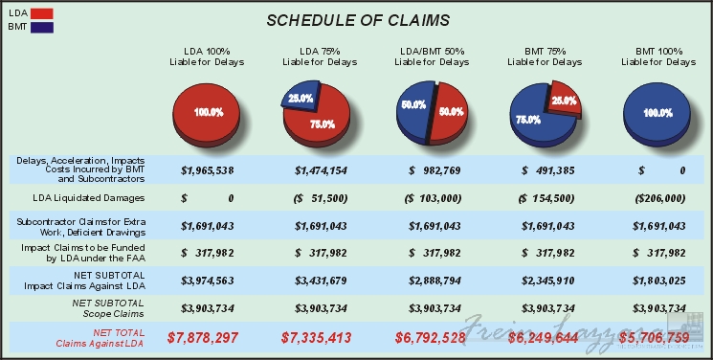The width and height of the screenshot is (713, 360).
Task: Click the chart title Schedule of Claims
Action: point(357,20)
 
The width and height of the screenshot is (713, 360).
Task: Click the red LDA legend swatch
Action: point(41,13)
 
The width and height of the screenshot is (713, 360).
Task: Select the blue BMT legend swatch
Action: point(41,28)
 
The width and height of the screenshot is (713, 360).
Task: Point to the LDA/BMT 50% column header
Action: point(432,56)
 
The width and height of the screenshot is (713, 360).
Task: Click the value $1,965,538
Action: point(208,169)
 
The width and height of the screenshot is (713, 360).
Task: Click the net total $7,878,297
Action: point(208,337)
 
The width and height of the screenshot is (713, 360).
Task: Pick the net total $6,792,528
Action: point(432,337)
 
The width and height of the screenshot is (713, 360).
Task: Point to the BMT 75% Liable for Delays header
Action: point(545,56)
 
